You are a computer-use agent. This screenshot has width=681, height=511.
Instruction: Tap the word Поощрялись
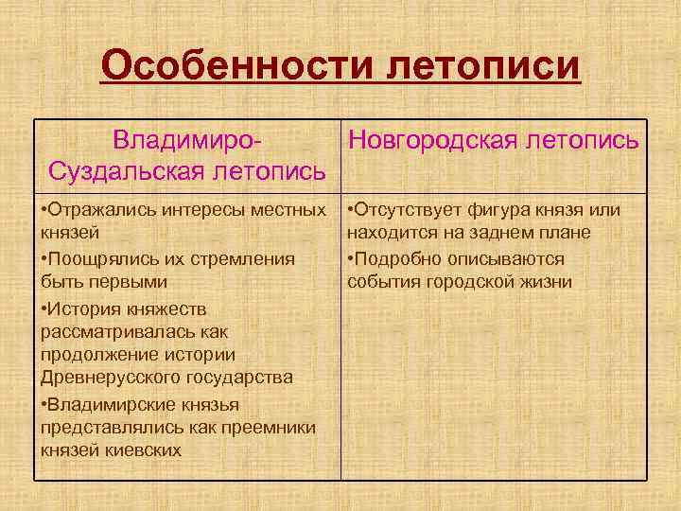click(96, 258)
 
